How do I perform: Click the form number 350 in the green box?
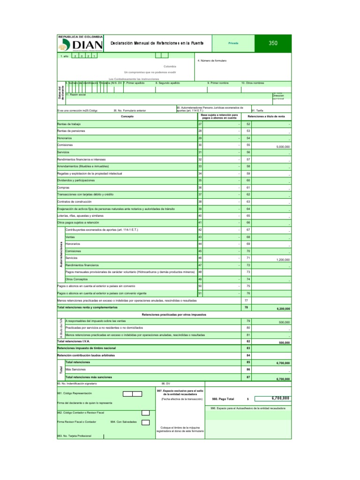273,43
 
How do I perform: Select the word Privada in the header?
233,43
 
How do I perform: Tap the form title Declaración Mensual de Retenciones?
157,43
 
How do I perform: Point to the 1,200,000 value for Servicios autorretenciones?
282,260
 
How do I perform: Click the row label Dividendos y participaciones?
76,180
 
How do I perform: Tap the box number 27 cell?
200,124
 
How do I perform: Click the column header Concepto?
127,116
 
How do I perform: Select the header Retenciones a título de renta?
269,116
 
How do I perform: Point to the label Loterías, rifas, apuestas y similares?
80,215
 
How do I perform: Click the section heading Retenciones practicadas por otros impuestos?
174,314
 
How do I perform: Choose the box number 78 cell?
246,307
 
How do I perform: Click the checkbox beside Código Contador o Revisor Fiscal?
145,412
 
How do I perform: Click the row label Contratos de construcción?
75,201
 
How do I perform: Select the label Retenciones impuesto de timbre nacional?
86,348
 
